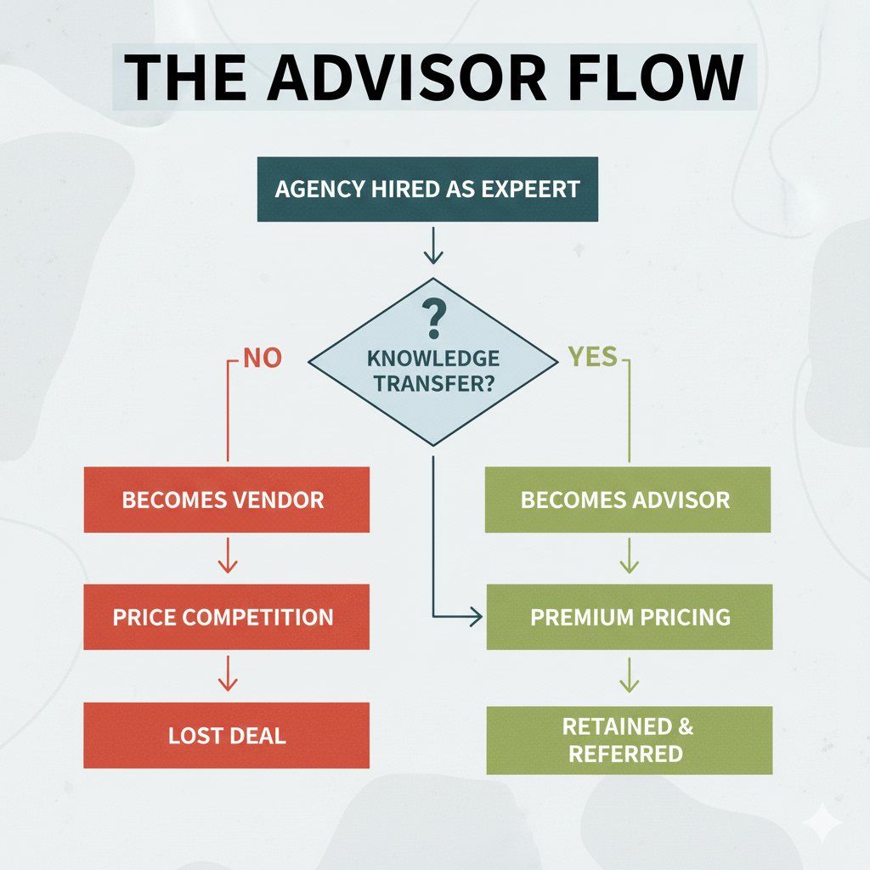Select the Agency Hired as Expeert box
click(x=427, y=189)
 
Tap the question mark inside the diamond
click(x=433, y=319)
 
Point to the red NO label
click(x=262, y=358)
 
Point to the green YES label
click(x=593, y=358)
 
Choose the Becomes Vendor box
click(x=226, y=499)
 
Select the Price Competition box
click(x=226, y=616)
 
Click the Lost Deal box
click(x=226, y=735)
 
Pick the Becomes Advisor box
click(x=627, y=499)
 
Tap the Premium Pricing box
click(x=629, y=616)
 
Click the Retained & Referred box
click(x=629, y=740)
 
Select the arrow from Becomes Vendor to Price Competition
click(x=227, y=557)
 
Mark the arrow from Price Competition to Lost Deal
click(x=227, y=675)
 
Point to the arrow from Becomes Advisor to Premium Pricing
click(x=629, y=557)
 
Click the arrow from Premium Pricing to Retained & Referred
click(x=629, y=675)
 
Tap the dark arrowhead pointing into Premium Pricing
click(x=474, y=617)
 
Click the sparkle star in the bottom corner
click(x=823, y=823)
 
